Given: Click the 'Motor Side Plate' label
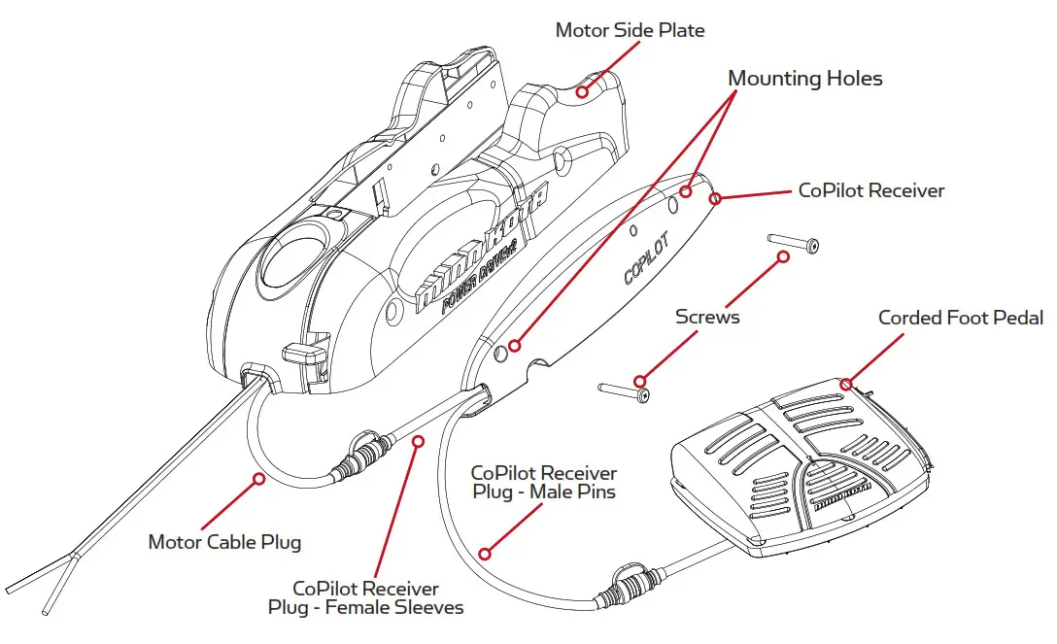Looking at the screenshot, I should coord(630,30).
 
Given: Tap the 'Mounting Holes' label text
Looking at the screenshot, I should coord(804,79).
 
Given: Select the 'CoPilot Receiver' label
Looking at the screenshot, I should coord(870,191).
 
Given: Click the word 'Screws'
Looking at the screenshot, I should coord(708,318).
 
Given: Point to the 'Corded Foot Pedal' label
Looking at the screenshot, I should coord(960,319).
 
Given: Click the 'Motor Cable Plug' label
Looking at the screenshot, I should coord(223,541).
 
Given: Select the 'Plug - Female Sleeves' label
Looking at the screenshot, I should coord(365,608).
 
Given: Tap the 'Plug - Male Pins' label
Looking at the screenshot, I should coord(543,491).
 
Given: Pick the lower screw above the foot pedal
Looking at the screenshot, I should coord(624,390).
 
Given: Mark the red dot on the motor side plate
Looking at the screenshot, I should coord(582,92).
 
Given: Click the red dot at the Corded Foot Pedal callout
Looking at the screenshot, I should coord(846,384).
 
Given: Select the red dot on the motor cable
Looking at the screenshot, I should coord(258,477).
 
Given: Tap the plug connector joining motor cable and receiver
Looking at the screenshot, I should coord(360,456).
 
